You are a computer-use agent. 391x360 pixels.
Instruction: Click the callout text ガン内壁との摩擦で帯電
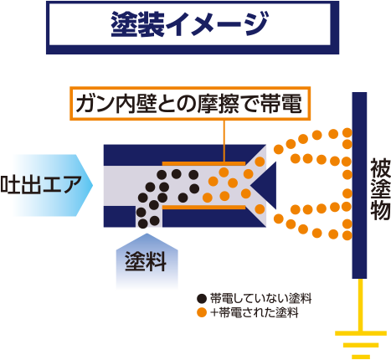tap(189, 104)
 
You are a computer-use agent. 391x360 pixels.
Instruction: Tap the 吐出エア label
tap(41, 185)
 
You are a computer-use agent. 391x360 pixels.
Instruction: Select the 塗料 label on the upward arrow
tap(146, 261)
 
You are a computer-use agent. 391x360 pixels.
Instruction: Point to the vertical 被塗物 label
tap(380, 189)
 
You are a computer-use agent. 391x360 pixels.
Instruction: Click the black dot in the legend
tap(202, 299)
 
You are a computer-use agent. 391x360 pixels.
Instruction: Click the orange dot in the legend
tap(202, 312)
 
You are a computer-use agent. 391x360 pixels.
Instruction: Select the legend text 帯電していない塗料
tap(260, 299)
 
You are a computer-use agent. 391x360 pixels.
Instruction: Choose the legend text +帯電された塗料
tap(255, 312)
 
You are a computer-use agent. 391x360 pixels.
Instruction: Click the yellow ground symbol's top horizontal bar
tap(361, 333)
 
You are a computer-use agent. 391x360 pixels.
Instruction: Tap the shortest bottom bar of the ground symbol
tap(361, 357)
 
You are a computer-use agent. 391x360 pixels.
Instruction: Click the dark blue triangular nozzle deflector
tap(264, 185)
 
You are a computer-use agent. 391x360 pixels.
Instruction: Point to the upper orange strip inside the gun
tap(203, 163)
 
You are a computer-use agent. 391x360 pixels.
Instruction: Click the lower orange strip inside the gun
tap(203, 207)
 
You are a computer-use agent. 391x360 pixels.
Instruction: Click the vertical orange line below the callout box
tap(224, 141)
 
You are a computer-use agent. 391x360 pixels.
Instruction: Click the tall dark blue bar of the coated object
tap(359, 185)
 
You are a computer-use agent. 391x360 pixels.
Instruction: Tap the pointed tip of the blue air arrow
tap(92, 185)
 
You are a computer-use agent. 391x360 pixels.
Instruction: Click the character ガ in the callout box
tap(85, 104)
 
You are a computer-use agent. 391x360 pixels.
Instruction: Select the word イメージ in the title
tap(217, 23)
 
